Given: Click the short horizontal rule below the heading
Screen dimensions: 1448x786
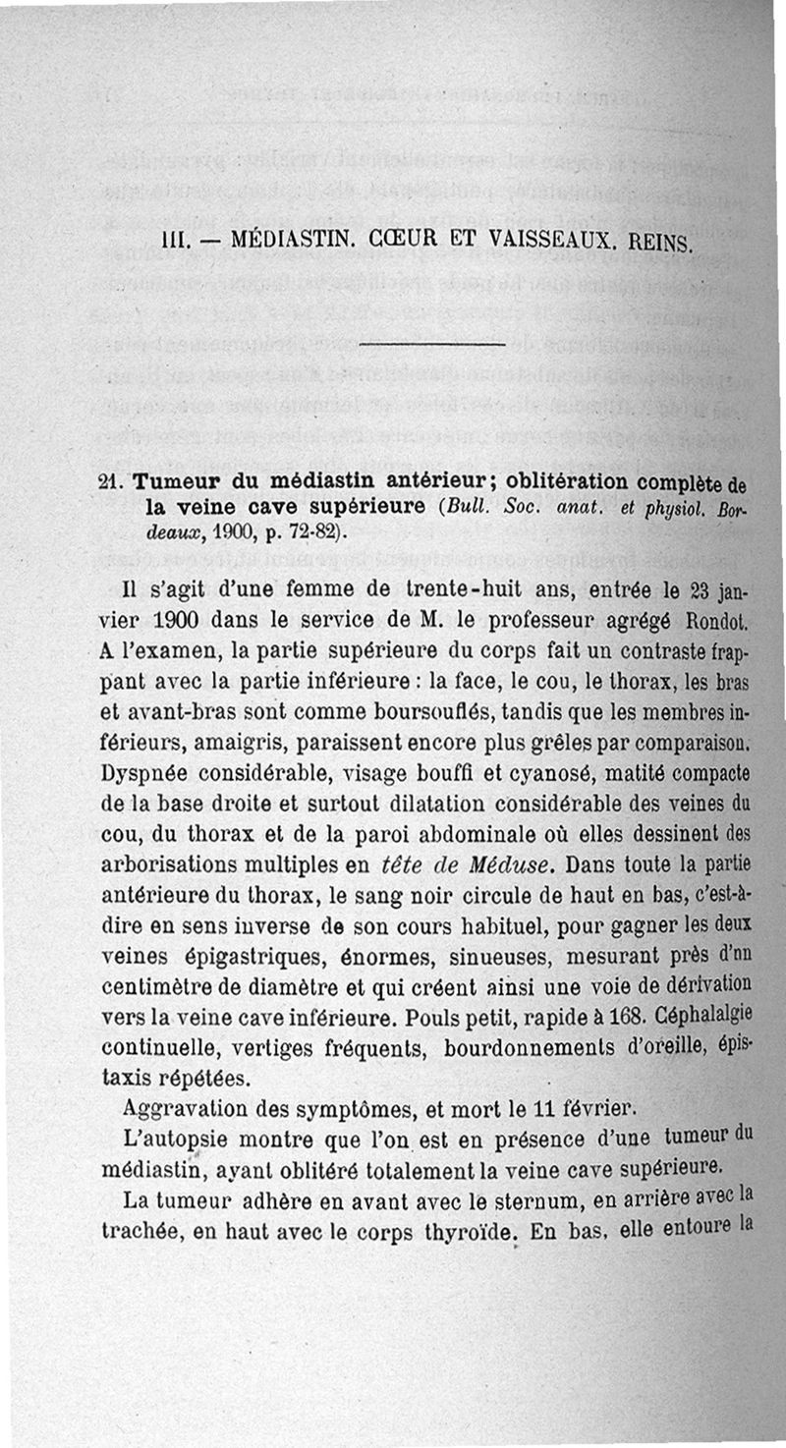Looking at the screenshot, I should click(x=432, y=344).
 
